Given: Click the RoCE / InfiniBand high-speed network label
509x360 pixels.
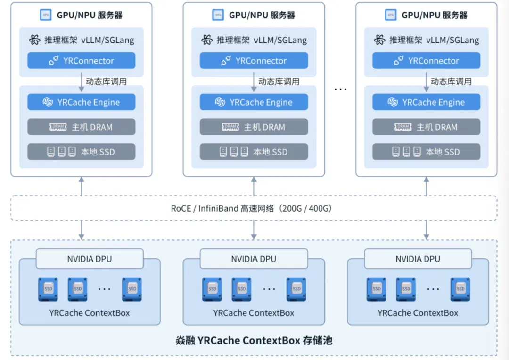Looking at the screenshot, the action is point(252,208).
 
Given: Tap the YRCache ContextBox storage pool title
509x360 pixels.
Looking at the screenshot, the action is point(254,340).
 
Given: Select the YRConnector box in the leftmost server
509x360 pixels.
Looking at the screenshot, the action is point(81,60).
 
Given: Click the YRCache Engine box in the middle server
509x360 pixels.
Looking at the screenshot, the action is point(254,102).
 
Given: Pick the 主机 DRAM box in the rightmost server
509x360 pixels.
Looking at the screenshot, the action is point(426,127).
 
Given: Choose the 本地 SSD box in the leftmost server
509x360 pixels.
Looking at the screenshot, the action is point(81,152).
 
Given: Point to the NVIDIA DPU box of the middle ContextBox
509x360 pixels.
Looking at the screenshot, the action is point(254,259).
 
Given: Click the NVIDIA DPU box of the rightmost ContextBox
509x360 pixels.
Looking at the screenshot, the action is point(418,259).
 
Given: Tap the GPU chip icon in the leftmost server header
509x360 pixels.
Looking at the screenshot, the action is point(45,15).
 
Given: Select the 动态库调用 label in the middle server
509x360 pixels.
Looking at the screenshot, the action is point(279,82).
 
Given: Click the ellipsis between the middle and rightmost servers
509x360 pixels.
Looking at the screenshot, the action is point(340,89).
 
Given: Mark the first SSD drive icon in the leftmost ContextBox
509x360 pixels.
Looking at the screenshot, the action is point(48,289).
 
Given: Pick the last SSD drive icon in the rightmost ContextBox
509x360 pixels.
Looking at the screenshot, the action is point(460,289).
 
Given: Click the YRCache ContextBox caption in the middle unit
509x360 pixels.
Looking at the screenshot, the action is point(254,313).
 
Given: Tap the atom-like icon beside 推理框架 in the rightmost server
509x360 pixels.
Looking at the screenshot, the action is point(379,40).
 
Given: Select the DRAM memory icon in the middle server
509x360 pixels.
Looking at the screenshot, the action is point(230,127).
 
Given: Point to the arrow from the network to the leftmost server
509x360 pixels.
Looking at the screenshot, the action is point(82,186).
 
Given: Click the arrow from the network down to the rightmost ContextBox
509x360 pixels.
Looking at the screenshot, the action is point(427,230).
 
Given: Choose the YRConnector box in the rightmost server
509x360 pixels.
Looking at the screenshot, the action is point(426,60).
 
